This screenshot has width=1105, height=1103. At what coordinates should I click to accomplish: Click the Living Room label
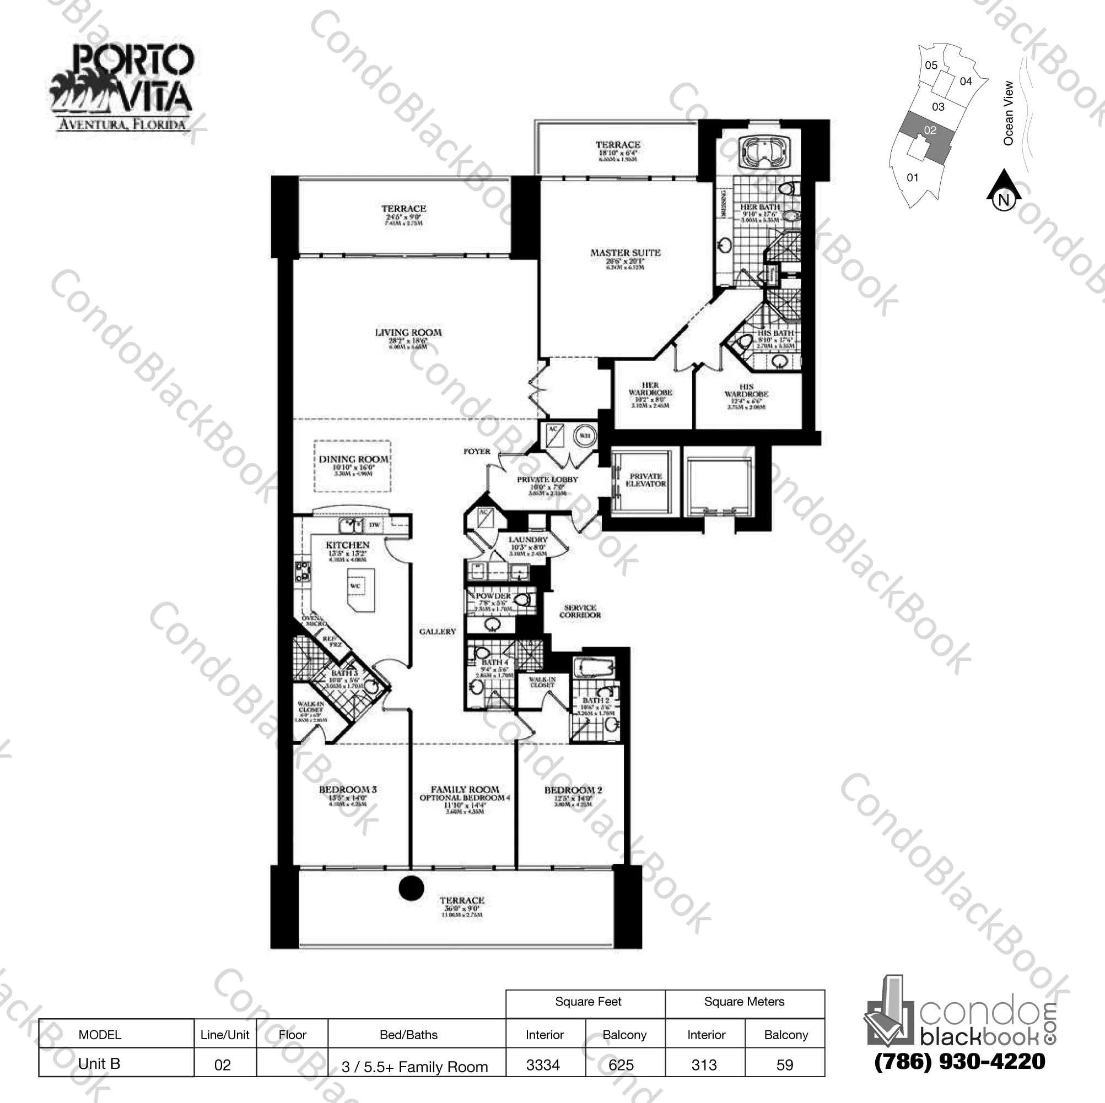pos(408,333)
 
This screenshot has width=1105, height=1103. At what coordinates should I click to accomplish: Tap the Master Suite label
pos(625,253)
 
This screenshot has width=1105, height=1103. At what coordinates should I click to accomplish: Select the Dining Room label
pos(353,459)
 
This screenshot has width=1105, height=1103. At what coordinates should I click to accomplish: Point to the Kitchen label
pos(348,545)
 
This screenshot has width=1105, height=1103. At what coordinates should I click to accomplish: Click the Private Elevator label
pos(646,480)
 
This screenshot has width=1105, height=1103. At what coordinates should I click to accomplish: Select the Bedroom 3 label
pos(348,789)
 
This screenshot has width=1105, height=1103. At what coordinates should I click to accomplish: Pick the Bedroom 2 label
pos(573,790)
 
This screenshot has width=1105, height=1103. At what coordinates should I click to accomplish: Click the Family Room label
pos(465,789)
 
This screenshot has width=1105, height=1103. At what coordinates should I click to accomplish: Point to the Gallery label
pos(438,632)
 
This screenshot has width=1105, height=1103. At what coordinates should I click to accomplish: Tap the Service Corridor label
pos(580,611)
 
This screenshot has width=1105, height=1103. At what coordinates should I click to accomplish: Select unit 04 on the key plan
pos(966,81)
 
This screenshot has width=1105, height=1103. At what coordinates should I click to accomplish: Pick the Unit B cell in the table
pos(99,1063)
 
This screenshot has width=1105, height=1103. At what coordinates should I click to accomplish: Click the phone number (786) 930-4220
pos(960,1061)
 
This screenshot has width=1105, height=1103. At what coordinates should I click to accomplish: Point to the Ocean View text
pos(1009,112)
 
